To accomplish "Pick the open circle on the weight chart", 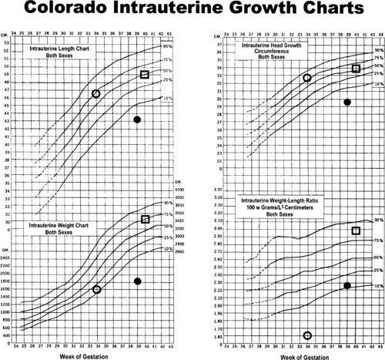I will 96,289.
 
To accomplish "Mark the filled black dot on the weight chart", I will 138,281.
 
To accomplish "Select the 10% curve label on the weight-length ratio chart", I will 377,285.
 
